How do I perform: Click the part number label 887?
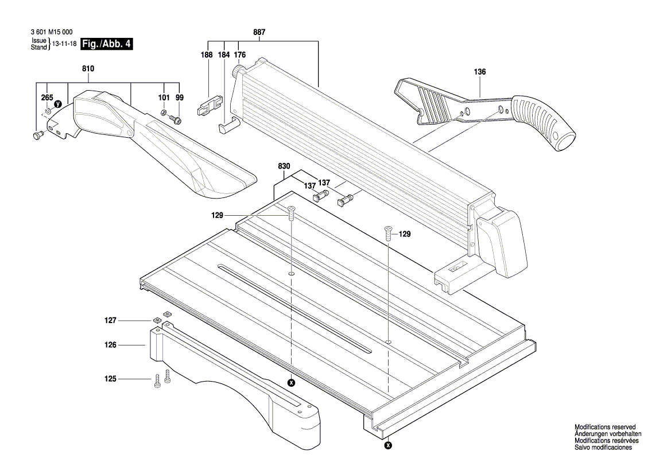(259, 32)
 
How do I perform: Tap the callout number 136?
(480, 72)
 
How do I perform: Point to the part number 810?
(88, 69)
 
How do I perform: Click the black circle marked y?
(57, 104)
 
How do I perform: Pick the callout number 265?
(47, 98)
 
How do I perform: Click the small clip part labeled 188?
(209, 105)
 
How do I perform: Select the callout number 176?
(240, 55)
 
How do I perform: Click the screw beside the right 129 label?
(388, 234)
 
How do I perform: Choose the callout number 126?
(111, 345)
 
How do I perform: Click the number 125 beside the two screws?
(111, 379)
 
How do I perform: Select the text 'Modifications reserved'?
(604, 427)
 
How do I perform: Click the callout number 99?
(180, 98)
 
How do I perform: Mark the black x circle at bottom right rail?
(388, 444)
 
